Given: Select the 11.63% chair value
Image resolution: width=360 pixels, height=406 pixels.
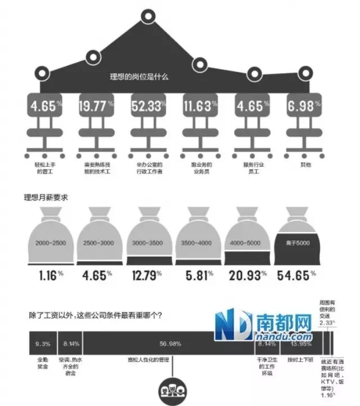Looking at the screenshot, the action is coord(199,105).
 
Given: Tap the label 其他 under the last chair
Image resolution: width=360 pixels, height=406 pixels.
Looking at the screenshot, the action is coord(305,165).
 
